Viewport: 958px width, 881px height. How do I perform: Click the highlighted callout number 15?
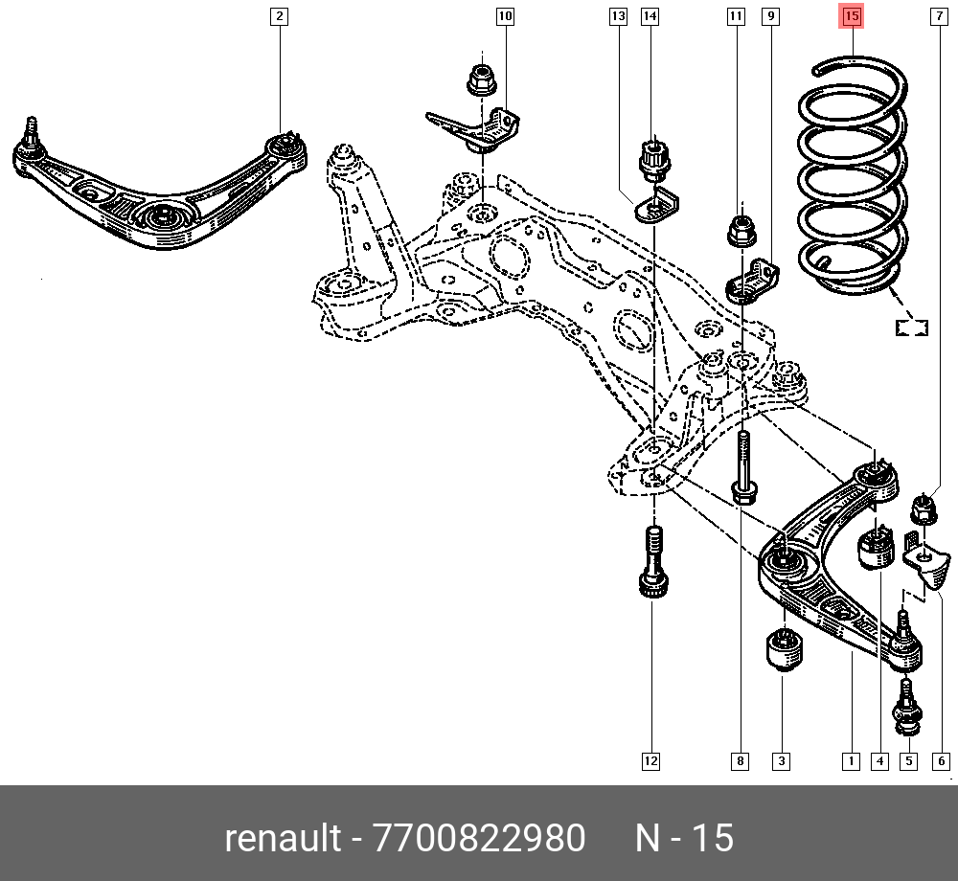[x=852, y=16]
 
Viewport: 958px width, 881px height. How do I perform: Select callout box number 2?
[x=278, y=16]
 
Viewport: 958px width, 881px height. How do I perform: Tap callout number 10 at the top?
[x=504, y=16]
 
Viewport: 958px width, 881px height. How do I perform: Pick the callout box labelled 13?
[x=618, y=16]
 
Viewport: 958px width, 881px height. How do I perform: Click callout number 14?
[x=650, y=16]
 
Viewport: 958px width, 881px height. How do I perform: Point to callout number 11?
[x=736, y=16]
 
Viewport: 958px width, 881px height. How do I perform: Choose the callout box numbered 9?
[x=770, y=16]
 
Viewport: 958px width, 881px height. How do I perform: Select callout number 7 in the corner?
[x=938, y=16]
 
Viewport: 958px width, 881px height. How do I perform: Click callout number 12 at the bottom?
[x=650, y=761]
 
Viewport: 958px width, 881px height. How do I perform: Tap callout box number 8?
[x=740, y=761]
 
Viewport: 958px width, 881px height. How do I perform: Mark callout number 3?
[x=781, y=761]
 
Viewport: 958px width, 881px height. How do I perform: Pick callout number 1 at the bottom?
[x=850, y=761]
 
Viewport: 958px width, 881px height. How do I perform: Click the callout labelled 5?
[x=908, y=761]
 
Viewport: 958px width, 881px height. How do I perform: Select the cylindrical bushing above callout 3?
[x=785, y=651]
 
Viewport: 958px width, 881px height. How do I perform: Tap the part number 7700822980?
[x=478, y=839]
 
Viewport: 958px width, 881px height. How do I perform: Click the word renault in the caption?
[x=283, y=839]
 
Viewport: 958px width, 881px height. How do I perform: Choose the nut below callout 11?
[x=741, y=230]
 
